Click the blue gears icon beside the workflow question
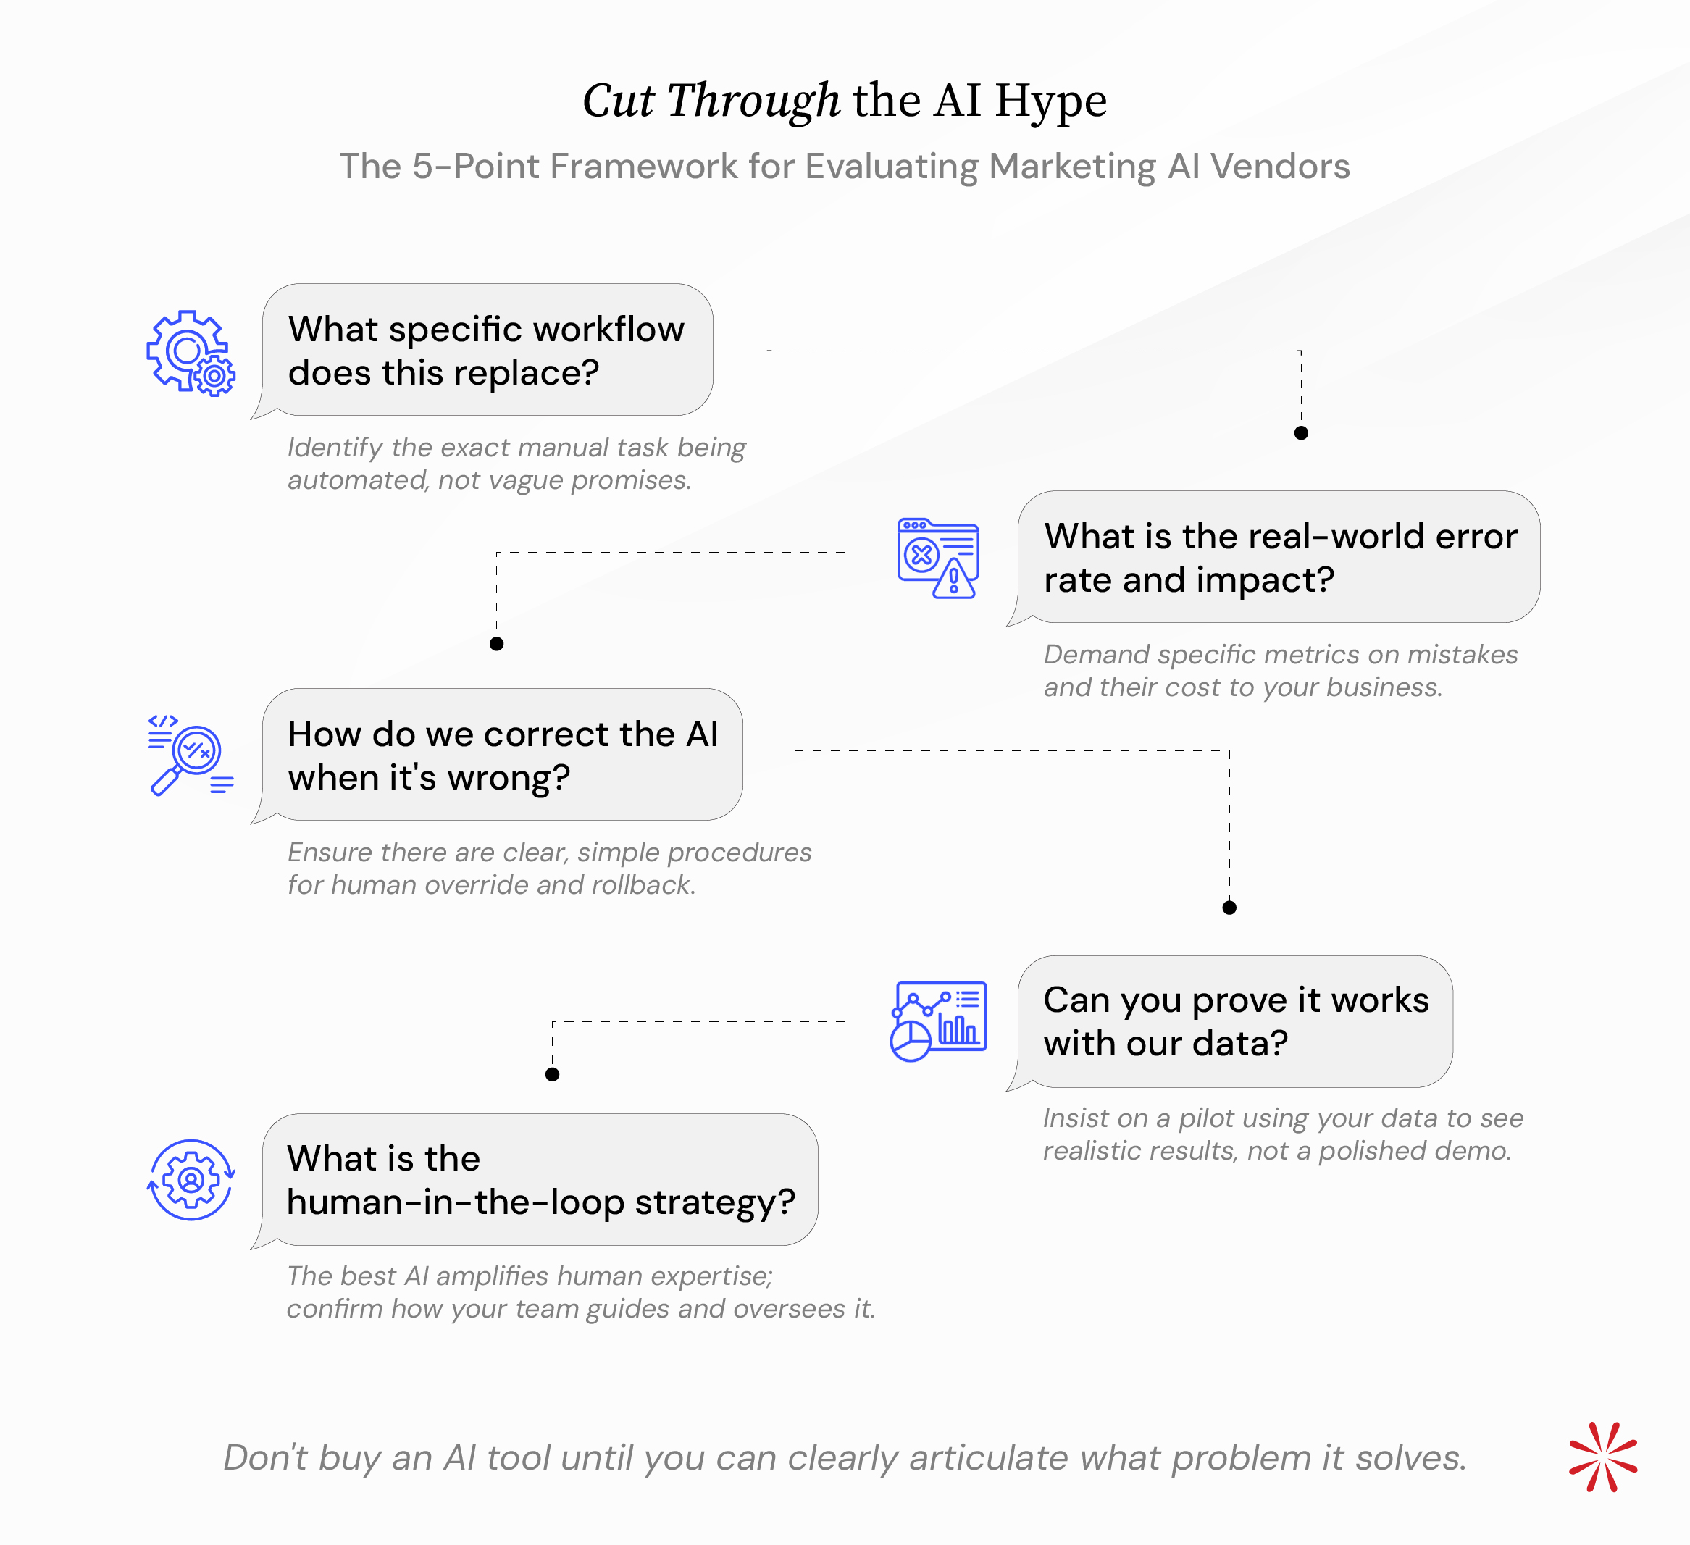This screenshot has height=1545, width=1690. point(191,353)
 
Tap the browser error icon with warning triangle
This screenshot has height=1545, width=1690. point(938,558)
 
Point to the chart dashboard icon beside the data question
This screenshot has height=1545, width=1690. point(938,1021)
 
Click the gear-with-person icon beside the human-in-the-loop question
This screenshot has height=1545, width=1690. point(191,1179)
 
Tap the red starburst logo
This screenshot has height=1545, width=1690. point(1603,1457)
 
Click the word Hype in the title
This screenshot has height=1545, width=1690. point(1051,101)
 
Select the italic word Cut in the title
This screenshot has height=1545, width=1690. point(619,101)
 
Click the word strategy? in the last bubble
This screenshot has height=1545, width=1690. point(715,1203)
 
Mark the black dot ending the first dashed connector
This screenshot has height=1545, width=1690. point(1301,432)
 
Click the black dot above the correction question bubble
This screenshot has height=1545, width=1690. point(496,644)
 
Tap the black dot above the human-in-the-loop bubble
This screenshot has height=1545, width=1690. point(551,1075)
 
